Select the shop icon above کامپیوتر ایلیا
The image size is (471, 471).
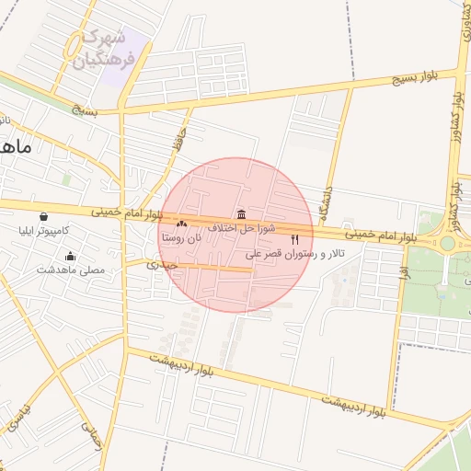43,216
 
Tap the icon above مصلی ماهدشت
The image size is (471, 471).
71,257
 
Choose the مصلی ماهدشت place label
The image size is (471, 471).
71,270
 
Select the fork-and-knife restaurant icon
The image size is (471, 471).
294,239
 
